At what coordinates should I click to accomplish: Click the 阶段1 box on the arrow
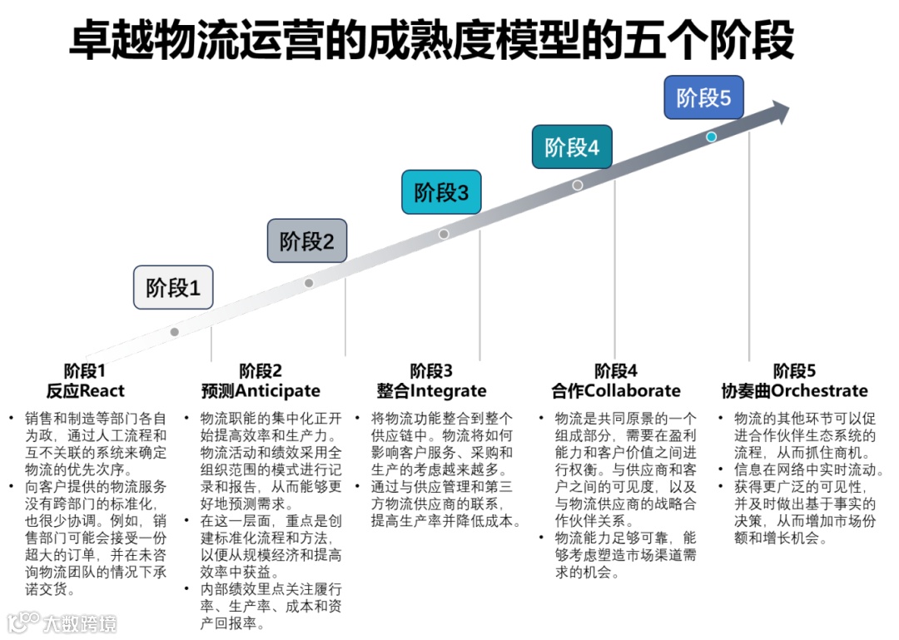click(x=173, y=288)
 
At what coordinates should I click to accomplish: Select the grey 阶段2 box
click(x=306, y=241)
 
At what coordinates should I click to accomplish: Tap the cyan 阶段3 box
click(x=441, y=192)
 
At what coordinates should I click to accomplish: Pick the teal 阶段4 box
click(x=572, y=147)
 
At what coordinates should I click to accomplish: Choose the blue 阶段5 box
click(x=703, y=97)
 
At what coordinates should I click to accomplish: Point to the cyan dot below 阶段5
click(x=711, y=136)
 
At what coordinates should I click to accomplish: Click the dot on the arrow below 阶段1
click(x=174, y=331)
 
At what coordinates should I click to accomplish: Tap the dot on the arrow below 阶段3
click(x=444, y=234)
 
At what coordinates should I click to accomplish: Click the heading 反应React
click(x=86, y=390)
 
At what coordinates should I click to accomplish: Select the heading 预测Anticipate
click(x=261, y=390)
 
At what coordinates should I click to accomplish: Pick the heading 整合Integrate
click(x=431, y=390)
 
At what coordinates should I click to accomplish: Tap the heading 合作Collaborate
click(x=616, y=390)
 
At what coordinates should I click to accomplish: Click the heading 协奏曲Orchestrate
click(x=794, y=390)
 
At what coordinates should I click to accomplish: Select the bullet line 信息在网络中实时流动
click(x=808, y=469)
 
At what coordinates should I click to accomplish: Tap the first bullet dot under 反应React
click(x=11, y=418)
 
